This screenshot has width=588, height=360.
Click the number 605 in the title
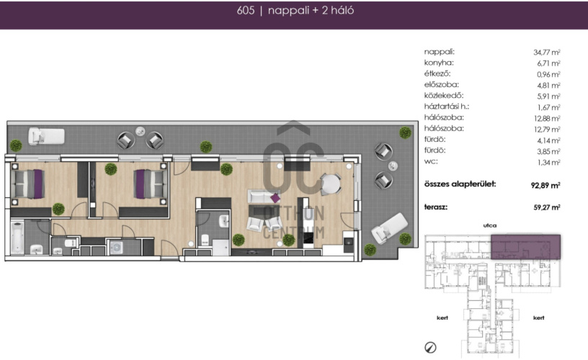[246, 11]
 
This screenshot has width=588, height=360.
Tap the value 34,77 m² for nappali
[547, 52]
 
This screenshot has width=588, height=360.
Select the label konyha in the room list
[439, 63]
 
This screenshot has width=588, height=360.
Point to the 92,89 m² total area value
[545, 185]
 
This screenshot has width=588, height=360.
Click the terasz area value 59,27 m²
[547, 207]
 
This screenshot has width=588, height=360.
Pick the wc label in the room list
[431, 162]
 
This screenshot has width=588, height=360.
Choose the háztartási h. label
[447, 107]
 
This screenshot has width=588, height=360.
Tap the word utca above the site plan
[490, 225]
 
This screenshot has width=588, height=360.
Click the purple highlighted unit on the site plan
[526, 247]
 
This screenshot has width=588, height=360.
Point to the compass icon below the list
[430, 348]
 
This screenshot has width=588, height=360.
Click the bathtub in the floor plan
[17, 237]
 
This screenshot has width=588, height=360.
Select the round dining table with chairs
[331, 184]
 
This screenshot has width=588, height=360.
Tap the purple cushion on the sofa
[275, 197]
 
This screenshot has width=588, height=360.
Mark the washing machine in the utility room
[116, 248]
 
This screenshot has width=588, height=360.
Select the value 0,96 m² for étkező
[548, 74]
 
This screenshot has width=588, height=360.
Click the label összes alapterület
[460, 184]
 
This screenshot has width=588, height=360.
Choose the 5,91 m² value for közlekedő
[548, 96]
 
